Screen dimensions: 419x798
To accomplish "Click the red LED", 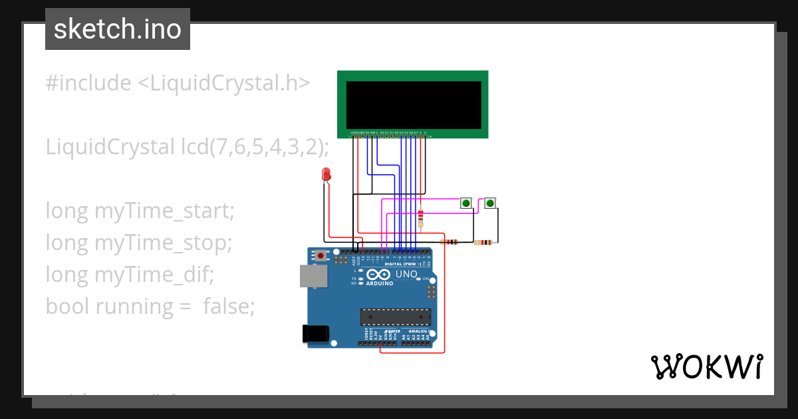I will point(326,174).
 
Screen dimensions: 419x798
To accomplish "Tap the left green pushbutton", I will point(466,203).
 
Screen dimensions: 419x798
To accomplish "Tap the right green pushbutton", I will point(490,203).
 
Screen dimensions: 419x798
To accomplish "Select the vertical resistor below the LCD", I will point(420,218).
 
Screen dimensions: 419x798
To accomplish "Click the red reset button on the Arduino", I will point(321,255).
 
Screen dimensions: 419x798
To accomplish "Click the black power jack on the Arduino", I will point(315,333).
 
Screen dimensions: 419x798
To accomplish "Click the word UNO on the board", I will point(406,274).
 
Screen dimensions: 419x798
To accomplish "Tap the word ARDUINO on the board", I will point(379,283).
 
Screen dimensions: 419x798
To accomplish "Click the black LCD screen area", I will point(413,105).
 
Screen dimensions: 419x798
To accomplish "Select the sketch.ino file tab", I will point(118,29).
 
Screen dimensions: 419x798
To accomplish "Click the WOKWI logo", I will point(706,366).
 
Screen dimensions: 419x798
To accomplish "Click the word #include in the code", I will point(88,83).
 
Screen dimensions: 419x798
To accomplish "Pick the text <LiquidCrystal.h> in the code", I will point(223,83).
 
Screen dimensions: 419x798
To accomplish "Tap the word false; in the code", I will point(229,306).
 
